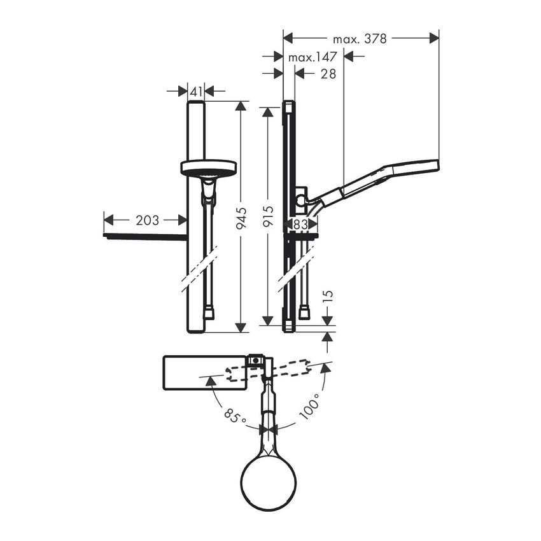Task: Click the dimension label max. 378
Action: (360, 39)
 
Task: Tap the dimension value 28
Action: (328, 74)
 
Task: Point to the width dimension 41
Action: (196, 92)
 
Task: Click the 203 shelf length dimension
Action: (146, 220)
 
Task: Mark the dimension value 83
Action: (300, 224)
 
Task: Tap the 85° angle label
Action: (234, 418)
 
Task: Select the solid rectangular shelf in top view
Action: (204, 372)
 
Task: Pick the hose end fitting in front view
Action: (209, 313)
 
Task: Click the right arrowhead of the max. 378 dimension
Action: (434, 39)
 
